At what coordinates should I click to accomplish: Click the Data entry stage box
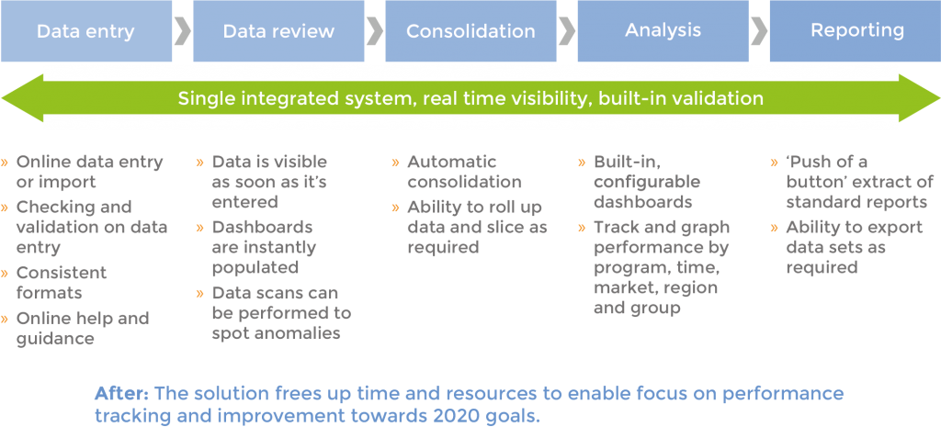pyautogui.click(x=85, y=31)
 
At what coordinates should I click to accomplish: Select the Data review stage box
pyautogui.click(x=278, y=31)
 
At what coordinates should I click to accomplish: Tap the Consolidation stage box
pyautogui.click(x=470, y=31)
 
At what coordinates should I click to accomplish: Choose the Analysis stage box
pyautogui.click(x=663, y=31)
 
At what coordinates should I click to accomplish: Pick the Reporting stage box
pyautogui.click(x=855, y=31)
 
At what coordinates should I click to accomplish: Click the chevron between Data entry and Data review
pyautogui.click(x=182, y=31)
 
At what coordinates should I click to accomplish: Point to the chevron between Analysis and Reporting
pyautogui.click(x=759, y=31)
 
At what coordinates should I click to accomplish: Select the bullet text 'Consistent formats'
pyautogui.click(x=62, y=283)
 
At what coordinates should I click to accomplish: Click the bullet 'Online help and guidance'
pyautogui.click(x=82, y=329)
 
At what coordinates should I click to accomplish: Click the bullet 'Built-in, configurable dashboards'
pyautogui.click(x=647, y=182)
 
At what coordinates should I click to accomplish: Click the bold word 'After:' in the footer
pyautogui.click(x=122, y=393)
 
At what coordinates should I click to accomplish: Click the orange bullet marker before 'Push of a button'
pyautogui.click(x=775, y=163)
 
